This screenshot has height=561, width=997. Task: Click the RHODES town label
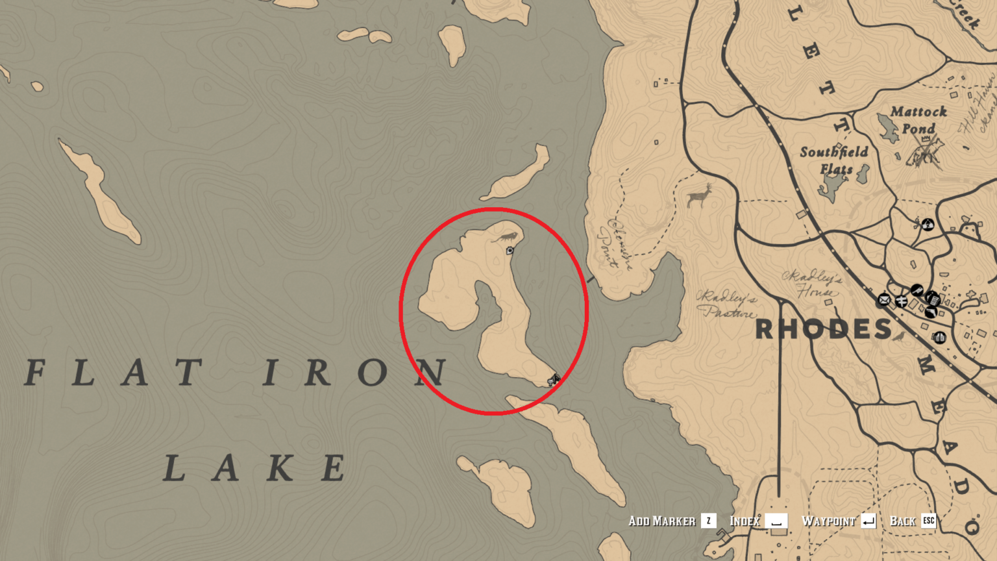click(x=824, y=329)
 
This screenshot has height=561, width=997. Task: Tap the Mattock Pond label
click(x=918, y=120)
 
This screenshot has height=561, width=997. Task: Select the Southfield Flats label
click(x=834, y=160)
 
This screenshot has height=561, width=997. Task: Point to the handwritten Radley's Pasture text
click(x=728, y=305)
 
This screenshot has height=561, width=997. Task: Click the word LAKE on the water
click(x=254, y=468)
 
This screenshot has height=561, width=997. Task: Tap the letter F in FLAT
click(x=36, y=373)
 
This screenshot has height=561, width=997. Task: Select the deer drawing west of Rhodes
click(x=700, y=195)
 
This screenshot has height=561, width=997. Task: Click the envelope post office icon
click(x=883, y=300)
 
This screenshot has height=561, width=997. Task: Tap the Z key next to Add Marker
click(x=709, y=521)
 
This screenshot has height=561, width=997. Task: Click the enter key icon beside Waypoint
click(x=868, y=521)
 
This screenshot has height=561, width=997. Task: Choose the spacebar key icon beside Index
click(x=776, y=521)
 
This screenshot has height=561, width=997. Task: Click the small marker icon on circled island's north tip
click(x=510, y=251)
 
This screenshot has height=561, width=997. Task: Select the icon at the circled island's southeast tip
click(x=553, y=379)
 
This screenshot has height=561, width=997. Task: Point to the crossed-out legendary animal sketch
click(x=925, y=153)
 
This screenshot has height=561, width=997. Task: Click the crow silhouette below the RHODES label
click(x=900, y=337)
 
